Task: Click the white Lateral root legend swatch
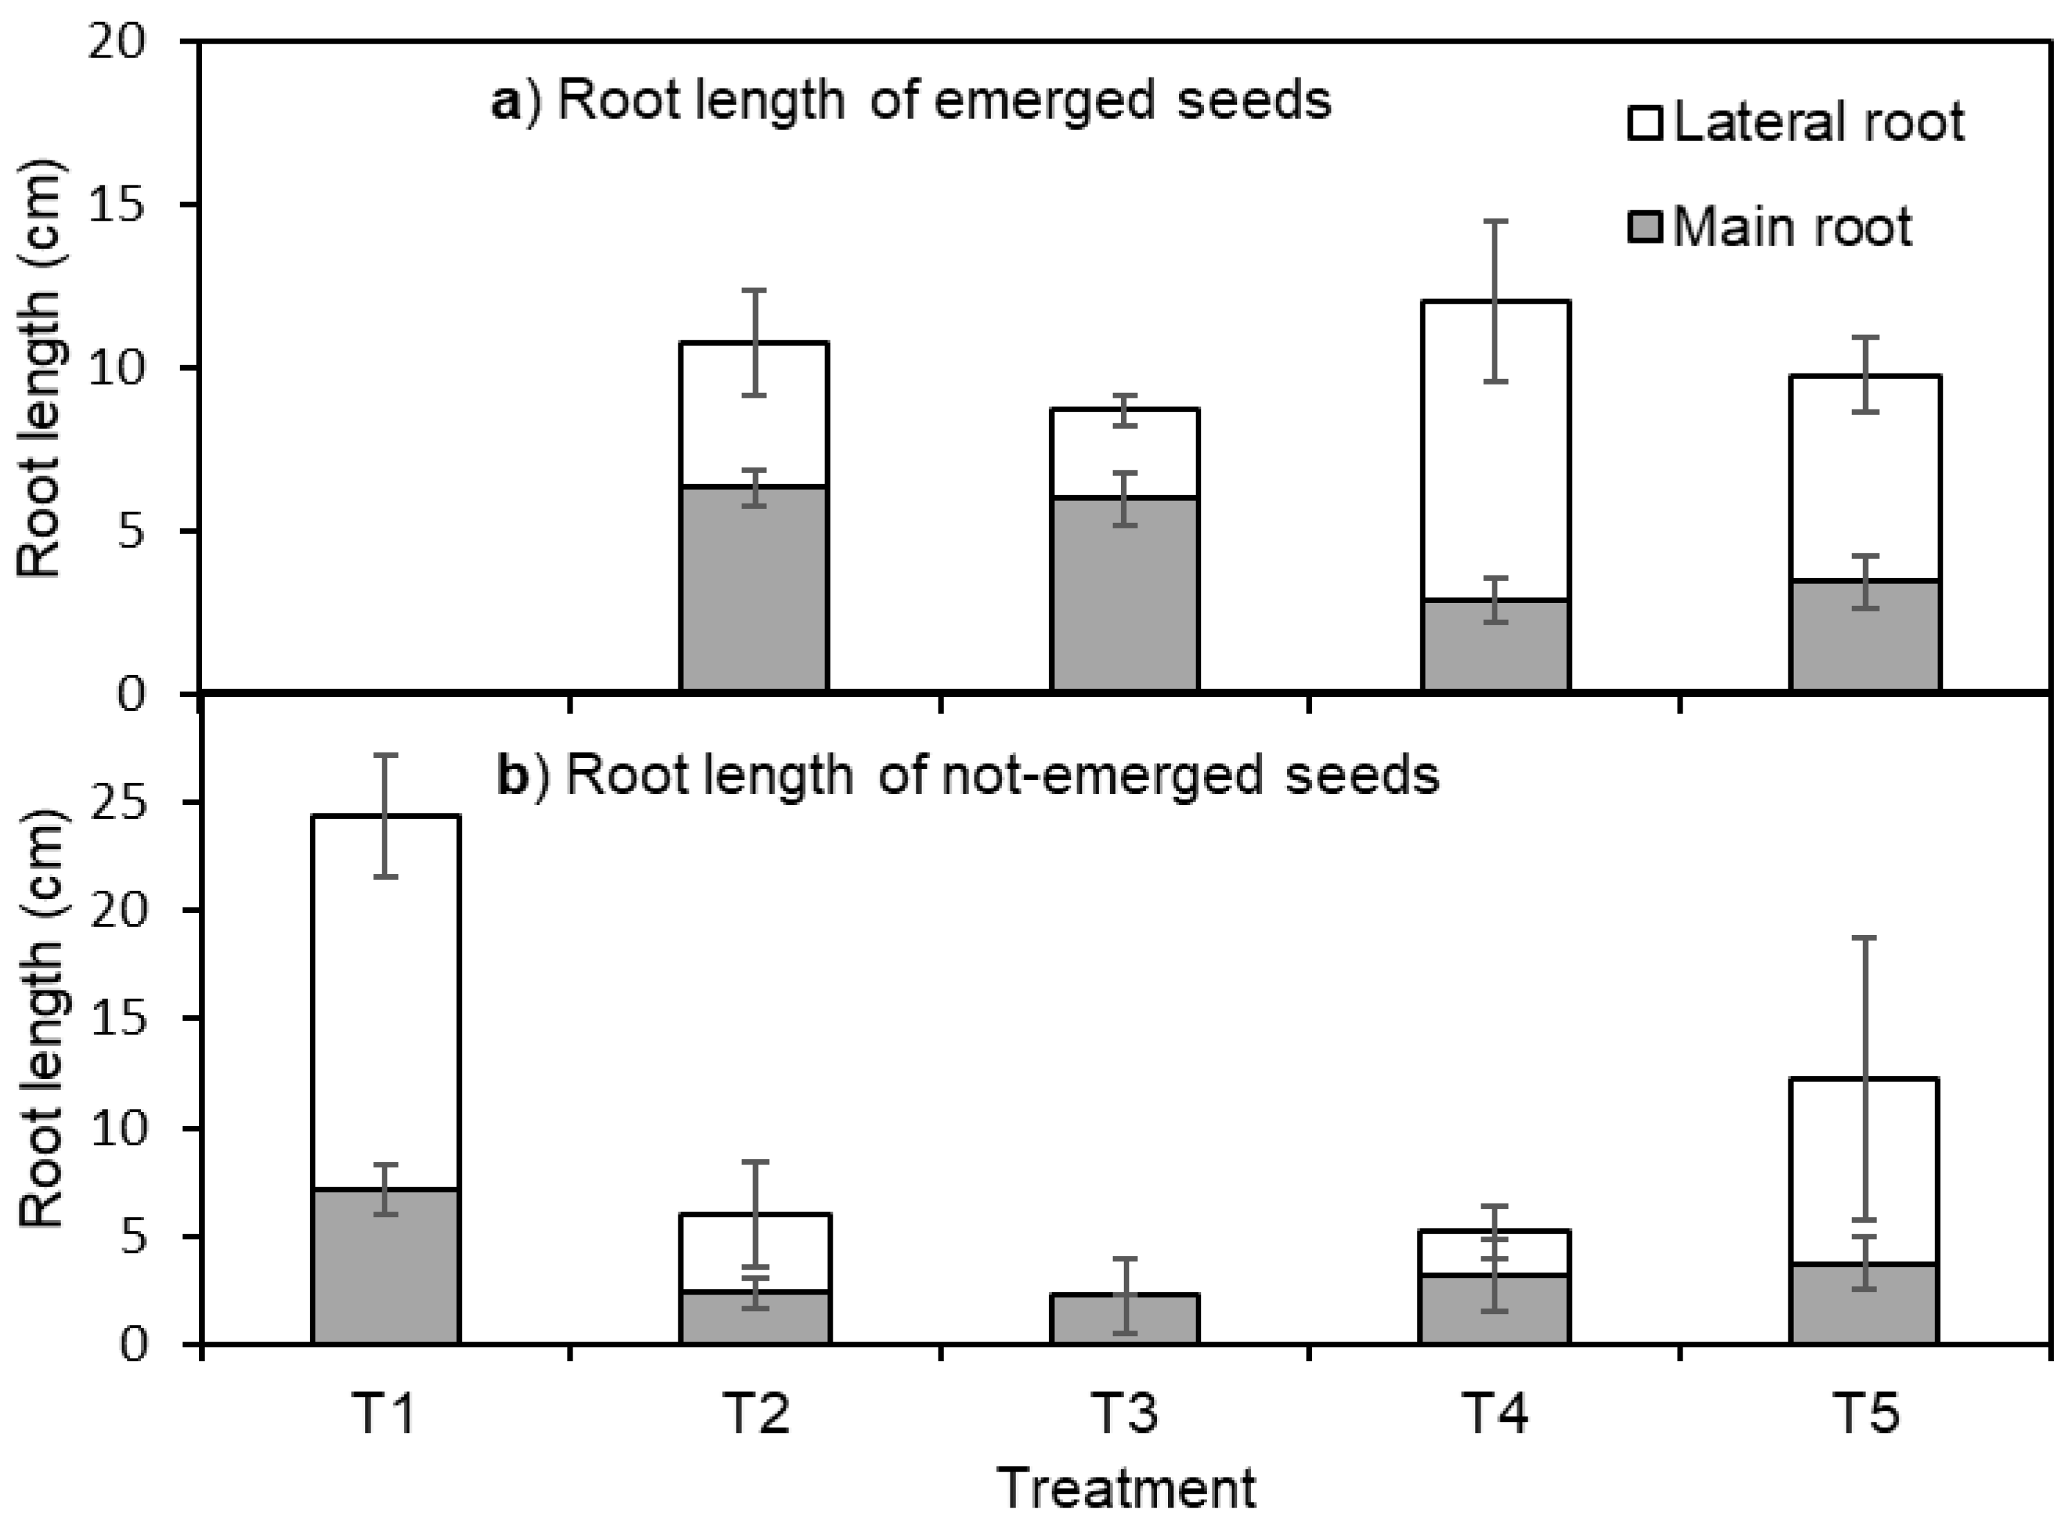[x=1645, y=124]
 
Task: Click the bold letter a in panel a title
[x=506, y=102]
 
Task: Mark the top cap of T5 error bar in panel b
[x=1864, y=938]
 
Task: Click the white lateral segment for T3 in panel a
[x=1125, y=453]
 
